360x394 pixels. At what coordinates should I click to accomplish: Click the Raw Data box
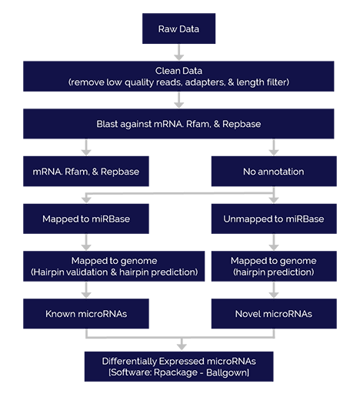pyautogui.click(x=178, y=28)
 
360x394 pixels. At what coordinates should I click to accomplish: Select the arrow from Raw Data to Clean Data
pyautogui.click(x=178, y=52)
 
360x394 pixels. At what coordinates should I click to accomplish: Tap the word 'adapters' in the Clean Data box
pyautogui.click(x=205, y=82)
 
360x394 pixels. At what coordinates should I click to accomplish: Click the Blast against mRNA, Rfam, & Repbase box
pyautogui.click(x=178, y=124)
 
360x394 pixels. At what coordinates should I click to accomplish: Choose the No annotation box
pyautogui.click(x=274, y=171)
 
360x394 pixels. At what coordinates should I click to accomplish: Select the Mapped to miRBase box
pyautogui.click(x=86, y=219)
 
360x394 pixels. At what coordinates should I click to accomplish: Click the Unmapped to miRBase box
pyautogui.click(x=274, y=219)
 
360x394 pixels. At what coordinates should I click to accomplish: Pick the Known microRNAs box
pyautogui.click(x=86, y=313)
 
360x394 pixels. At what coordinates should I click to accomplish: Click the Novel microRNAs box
pyautogui.click(x=274, y=313)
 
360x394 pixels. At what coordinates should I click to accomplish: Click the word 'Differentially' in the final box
pyautogui.click(x=129, y=361)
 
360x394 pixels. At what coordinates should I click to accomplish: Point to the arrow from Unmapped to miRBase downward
pyautogui.click(x=274, y=242)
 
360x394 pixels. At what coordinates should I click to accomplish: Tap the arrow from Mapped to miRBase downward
pyautogui.click(x=86, y=242)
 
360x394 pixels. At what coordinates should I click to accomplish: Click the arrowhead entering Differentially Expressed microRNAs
pyautogui.click(x=182, y=346)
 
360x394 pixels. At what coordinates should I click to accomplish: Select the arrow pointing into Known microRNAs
pyautogui.click(x=86, y=290)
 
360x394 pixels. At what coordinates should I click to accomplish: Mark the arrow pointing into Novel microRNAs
pyautogui.click(x=274, y=290)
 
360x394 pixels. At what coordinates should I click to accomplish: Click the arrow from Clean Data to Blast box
pyautogui.click(x=178, y=100)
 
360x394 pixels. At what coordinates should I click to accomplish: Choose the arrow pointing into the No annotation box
pyautogui.click(x=274, y=147)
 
